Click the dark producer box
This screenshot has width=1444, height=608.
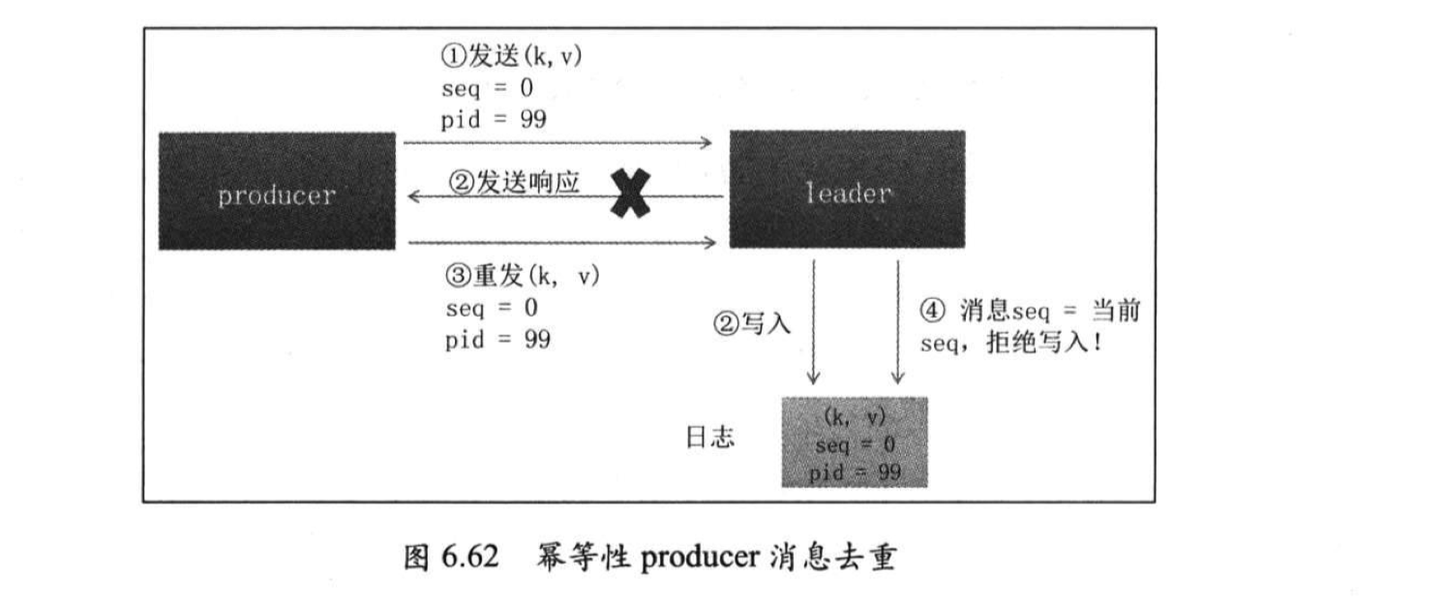[x=277, y=192]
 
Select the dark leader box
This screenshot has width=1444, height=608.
[x=847, y=191]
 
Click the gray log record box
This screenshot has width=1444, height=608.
[x=855, y=442]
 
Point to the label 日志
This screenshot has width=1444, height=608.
[x=710, y=438]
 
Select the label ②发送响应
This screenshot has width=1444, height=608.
[x=513, y=183]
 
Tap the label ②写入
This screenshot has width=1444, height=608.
[x=752, y=324]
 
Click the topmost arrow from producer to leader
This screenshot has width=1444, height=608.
[x=558, y=143]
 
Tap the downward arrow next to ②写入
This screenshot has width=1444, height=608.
[x=814, y=320]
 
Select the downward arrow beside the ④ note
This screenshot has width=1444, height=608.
[x=898, y=320]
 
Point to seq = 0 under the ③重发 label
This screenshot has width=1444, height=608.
[x=493, y=309]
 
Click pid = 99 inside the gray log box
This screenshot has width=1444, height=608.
[x=855, y=471]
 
